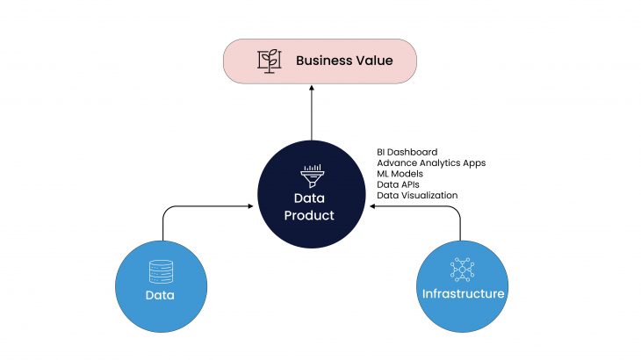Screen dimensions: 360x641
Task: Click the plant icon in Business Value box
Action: tap(269, 61)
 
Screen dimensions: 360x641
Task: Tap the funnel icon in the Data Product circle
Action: tap(313, 172)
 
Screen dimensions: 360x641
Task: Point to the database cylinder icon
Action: tap(161, 270)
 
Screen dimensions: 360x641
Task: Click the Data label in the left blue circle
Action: tap(161, 295)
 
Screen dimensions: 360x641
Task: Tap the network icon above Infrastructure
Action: tap(461, 268)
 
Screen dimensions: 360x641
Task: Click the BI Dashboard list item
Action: tap(407, 152)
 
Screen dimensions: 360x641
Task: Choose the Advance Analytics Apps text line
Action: tap(431, 162)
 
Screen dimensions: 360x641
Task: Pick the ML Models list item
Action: tap(400, 174)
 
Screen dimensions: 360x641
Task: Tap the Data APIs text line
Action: tap(397, 184)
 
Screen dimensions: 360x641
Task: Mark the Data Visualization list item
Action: tap(417, 195)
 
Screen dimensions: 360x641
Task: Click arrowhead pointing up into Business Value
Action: tap(312, 88)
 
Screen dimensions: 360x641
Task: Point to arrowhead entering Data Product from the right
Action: tap(374, 207)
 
